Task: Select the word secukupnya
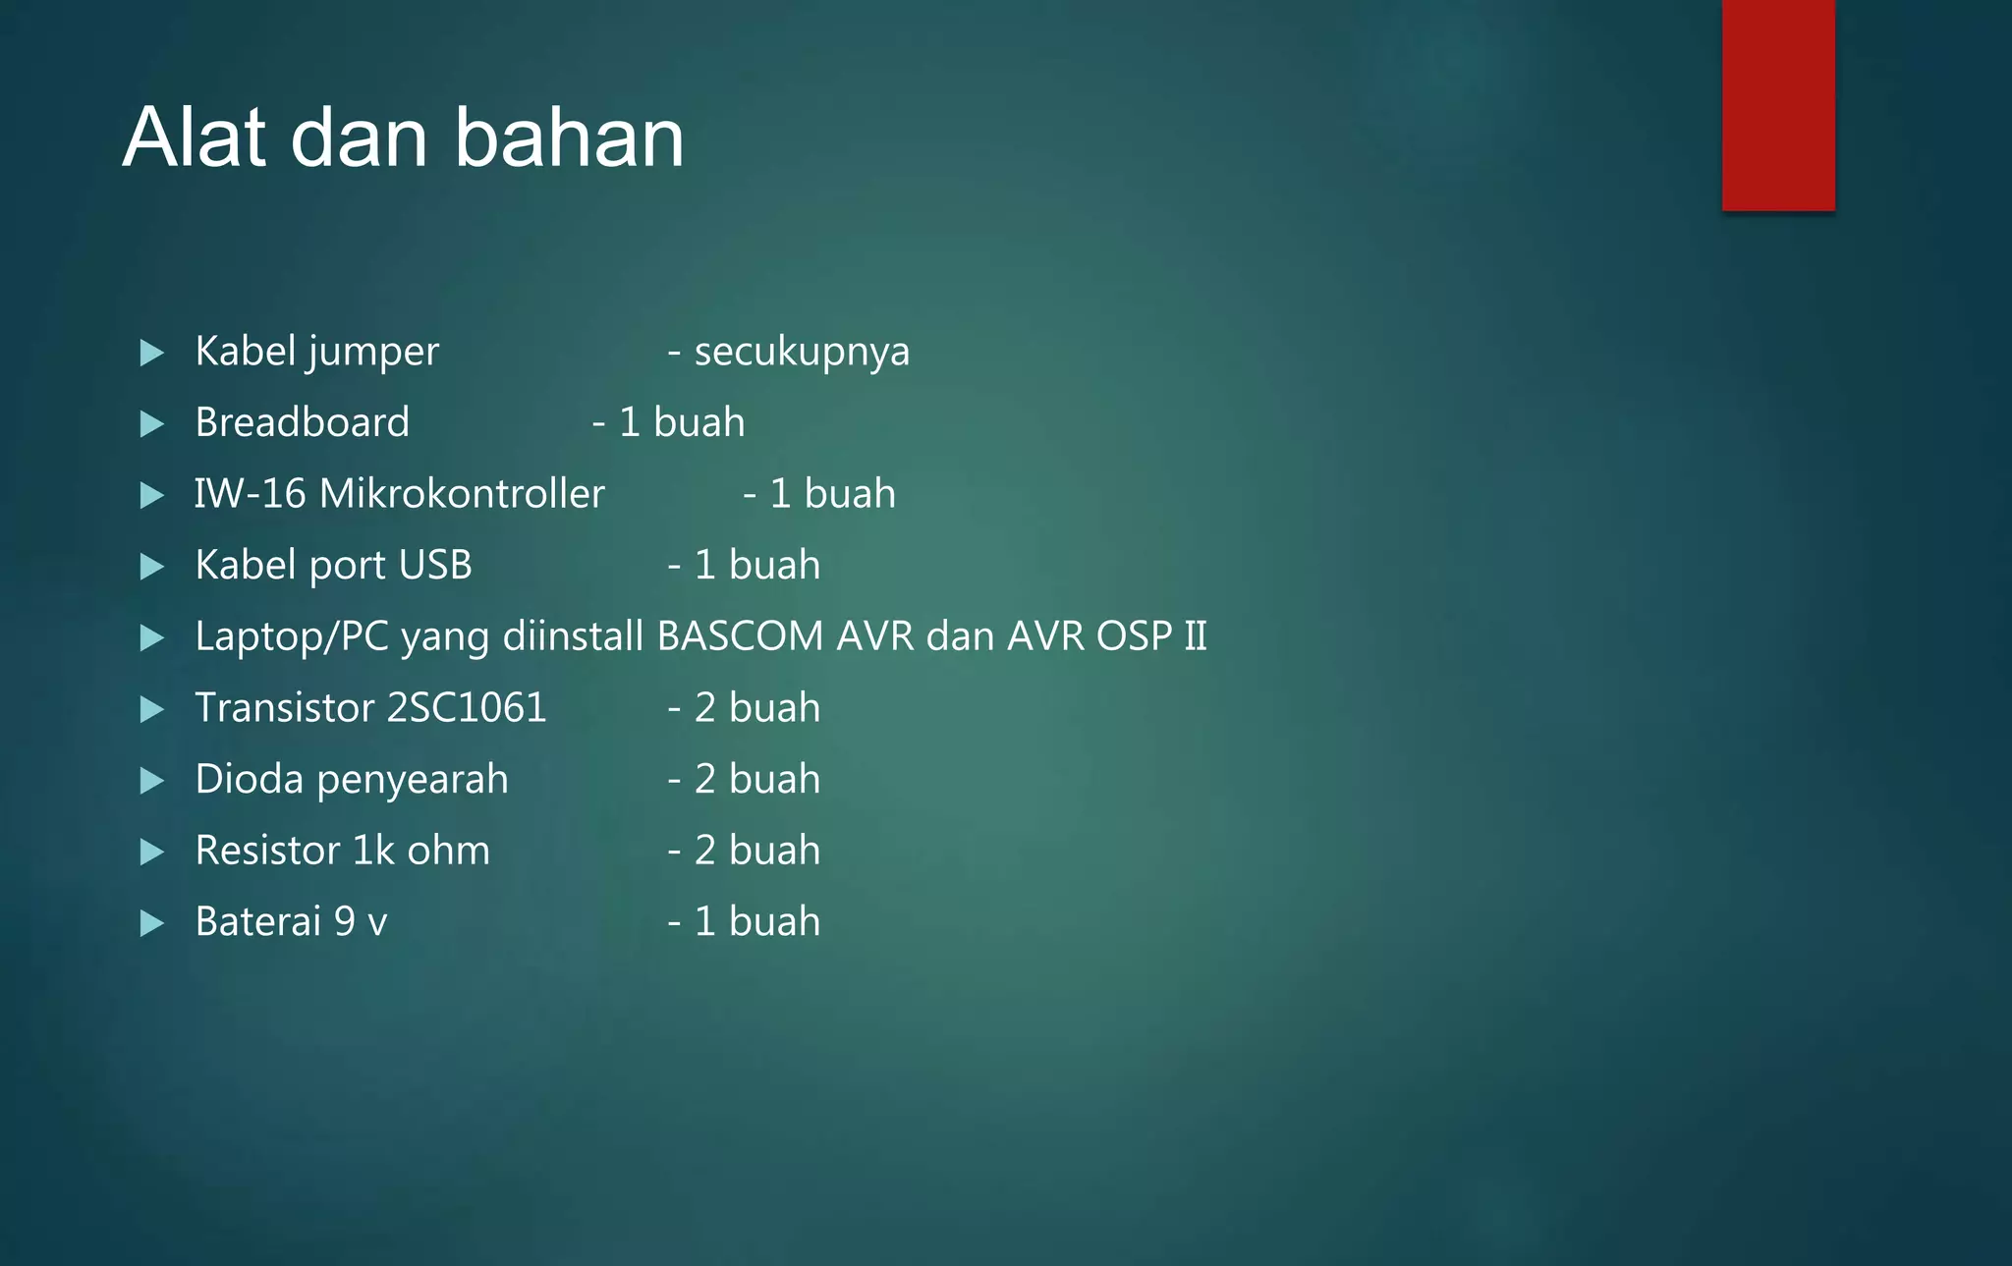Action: point(802,352)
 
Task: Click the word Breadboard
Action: point(302,422)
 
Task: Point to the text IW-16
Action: point(250,494)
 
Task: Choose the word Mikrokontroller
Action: point(462,494)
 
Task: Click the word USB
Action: point(435,565)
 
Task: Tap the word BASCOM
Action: point(740,636)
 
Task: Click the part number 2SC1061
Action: point(467,708)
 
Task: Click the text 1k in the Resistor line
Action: point(372,851)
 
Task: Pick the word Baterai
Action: point(258,922)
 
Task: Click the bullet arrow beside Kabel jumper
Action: point(151,353)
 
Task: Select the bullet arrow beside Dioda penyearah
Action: point(151,781)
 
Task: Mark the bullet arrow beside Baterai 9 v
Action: point(151,923)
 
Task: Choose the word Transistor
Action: point(285,708)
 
